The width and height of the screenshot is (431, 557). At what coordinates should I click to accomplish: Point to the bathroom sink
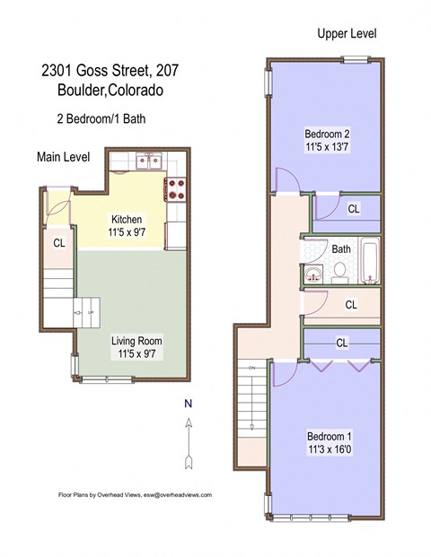(x=313, y=274)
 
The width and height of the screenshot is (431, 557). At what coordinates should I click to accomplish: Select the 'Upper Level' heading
(x=346, y=33)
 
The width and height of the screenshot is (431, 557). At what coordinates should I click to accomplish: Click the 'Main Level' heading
(x=63, y=157)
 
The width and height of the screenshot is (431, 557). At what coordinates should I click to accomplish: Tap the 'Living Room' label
(x=136, y=341)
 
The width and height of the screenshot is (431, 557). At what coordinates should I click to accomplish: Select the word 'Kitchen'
(x=127, y=220)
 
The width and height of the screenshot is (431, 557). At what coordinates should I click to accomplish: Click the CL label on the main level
(x=59, y=242)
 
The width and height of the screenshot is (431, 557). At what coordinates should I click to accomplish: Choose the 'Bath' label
(x=341, y=249)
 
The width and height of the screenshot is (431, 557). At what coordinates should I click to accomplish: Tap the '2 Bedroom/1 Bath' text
(x=99, y=117)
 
